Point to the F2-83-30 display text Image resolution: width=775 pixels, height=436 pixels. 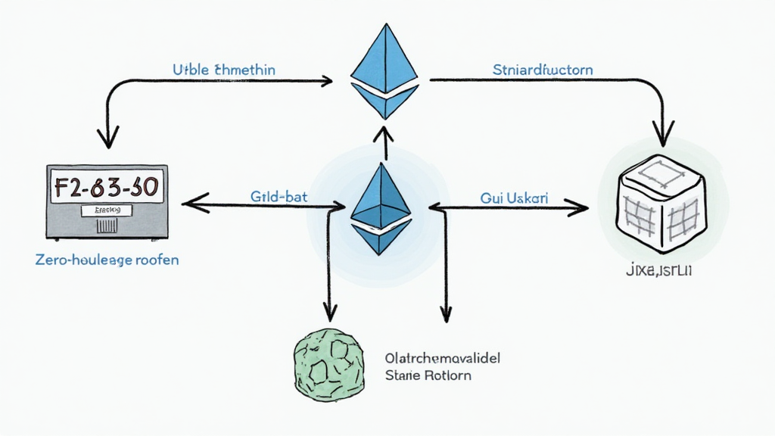click(x=109, y=185)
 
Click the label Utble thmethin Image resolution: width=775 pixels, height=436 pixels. click(x=224, y=70)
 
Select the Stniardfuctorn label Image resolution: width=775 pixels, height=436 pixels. click(x=543, y=70)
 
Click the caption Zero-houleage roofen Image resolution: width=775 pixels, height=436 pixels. click(x=107, y=260)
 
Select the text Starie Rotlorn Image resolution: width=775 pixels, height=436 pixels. click(x=428, y=375)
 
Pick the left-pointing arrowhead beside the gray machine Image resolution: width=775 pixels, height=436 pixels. click(x=189, y=202)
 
